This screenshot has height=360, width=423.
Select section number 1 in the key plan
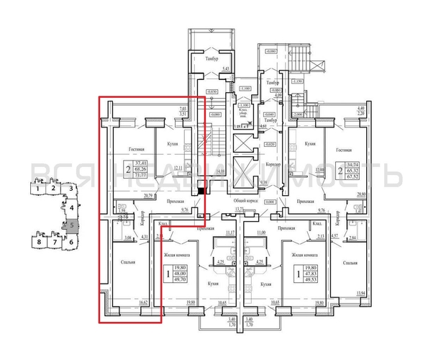pos(35,189)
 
